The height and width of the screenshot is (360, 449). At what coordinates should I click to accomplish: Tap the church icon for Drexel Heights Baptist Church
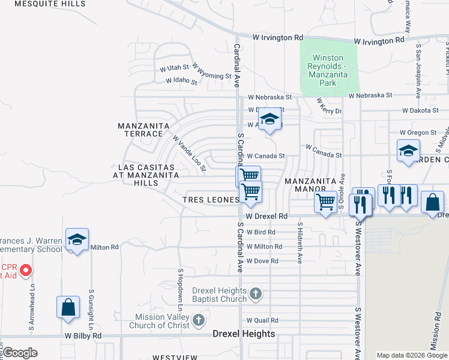(256, 294)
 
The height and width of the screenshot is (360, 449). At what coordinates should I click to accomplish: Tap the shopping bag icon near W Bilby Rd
(68, 307)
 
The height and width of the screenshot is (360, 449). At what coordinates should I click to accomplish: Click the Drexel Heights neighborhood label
(244, 334)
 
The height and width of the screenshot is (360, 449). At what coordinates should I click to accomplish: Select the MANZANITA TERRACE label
(140, 130)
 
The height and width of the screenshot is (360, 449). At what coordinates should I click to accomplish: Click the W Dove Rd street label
(263, 261)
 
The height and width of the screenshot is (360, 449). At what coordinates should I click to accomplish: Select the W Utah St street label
(174, 68)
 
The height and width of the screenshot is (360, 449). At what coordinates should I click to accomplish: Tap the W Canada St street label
(265, 155)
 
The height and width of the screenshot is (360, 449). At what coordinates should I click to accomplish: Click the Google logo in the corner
(19, 353)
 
